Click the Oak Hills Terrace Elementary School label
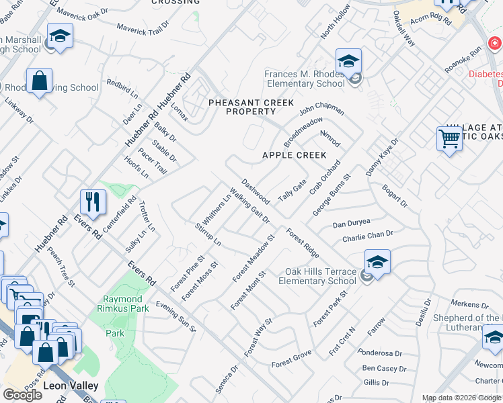[320, 277]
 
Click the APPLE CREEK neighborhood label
[294, 155]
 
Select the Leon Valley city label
[71, 386]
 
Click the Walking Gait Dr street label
[249, 205]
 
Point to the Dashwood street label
[256, 191]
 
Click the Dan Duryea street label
[352, 223]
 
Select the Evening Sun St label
[176, 316]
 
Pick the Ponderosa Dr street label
[381, 353]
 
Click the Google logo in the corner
[22, 395]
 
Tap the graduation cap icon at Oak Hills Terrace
[377, 262]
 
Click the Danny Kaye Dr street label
[382, 158]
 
